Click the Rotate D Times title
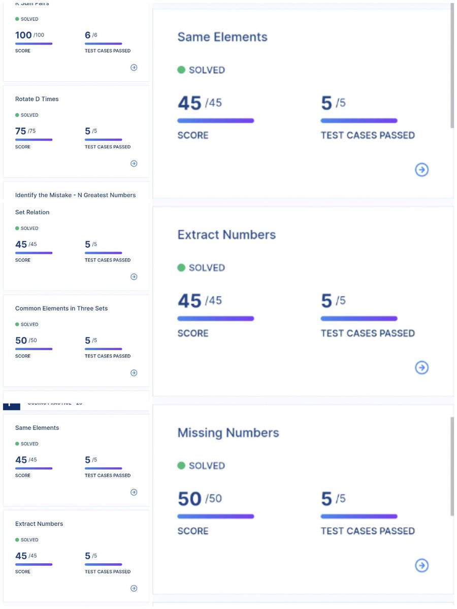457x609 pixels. tap(37, 99)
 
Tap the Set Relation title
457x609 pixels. tap(32, 212)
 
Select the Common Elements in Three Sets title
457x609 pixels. tap(61, 308)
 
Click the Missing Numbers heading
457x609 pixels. tap(228, 433)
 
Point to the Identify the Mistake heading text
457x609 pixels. tap(75, 195)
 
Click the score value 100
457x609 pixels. tap(23, 35)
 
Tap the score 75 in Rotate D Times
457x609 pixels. tap(21, 131)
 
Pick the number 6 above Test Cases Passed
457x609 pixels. tap(88, 35)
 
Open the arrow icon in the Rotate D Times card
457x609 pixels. tap(134, 163)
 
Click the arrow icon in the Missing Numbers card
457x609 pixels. tap(421, 565)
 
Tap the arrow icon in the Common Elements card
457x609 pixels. tap(134, 373)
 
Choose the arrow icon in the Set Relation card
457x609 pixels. tap(134, 277)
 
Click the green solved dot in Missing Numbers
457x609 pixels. tap(181, 465)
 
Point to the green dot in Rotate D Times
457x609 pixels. tap(17, 115)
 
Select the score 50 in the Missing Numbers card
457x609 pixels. tap(190, 499)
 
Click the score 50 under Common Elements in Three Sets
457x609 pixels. tap(21, 340)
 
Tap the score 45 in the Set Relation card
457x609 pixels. tap(21, 244)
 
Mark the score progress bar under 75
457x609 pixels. tap(34, 140)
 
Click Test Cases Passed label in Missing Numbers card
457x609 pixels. tap(368, 531)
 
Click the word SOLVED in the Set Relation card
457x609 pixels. tap(29, 228)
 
